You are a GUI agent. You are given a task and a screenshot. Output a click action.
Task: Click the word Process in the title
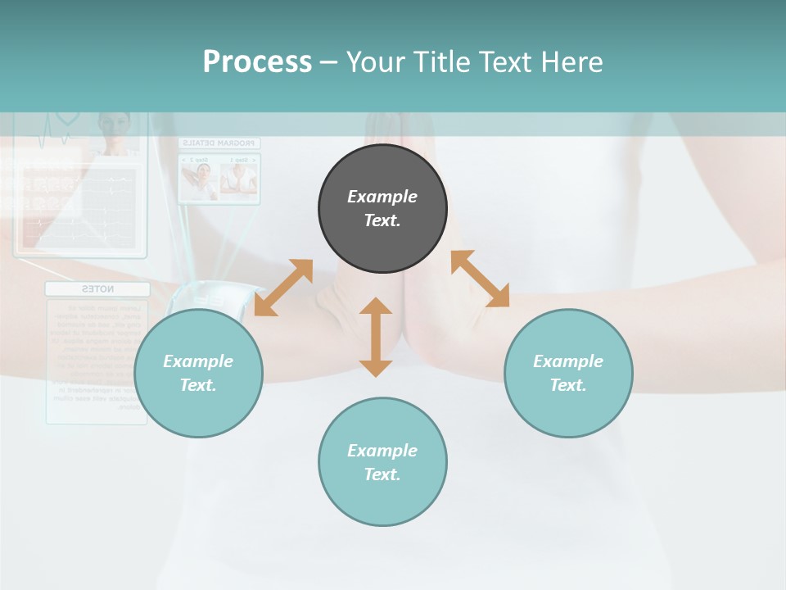[257, 62]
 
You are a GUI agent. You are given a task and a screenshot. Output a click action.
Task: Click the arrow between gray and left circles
[283, 287]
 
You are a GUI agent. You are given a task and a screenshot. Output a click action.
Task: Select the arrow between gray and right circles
[481, 279]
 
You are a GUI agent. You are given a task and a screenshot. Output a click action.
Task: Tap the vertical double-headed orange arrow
[376, 337]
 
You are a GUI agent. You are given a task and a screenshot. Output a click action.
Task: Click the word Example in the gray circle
[382, 197]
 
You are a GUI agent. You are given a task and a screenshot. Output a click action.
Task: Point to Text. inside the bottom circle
[382, 474]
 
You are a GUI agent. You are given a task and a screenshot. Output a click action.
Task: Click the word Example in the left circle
[198, 361]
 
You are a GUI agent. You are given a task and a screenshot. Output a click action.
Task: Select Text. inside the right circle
[568, 385]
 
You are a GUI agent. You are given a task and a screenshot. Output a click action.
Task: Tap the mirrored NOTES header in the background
[97, 289]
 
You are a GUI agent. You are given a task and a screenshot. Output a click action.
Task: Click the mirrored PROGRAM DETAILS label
[219, 143]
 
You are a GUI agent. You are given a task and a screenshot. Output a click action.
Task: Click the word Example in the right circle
[568, 361]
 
